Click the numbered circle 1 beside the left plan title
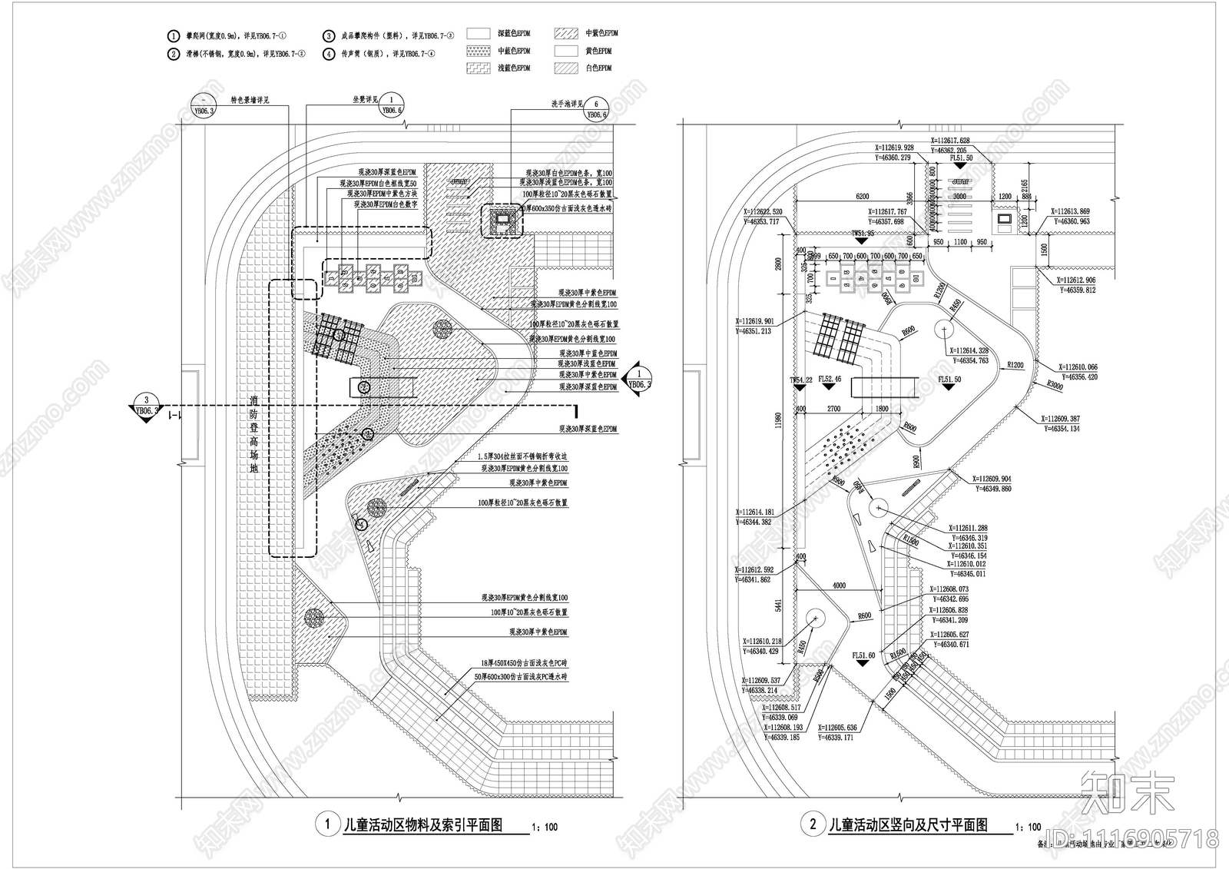(x=328, y=825)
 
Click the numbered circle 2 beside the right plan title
(x=813, y=825)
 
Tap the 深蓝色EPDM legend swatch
(x=478, y=34)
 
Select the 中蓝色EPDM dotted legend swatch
(x=478, y=51)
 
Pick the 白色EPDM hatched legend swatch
(x=565, y=68)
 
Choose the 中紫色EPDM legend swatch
(x=565, y=34)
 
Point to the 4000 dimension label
(x=839, y=586)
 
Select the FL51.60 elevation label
(x=864, y=655)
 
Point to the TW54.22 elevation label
(x=800, y=380)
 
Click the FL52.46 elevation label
(x=830, y=380)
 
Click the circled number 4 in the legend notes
(x=328, y=54)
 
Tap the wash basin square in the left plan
(x=502, y=221)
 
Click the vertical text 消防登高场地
(x=253, y=434)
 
